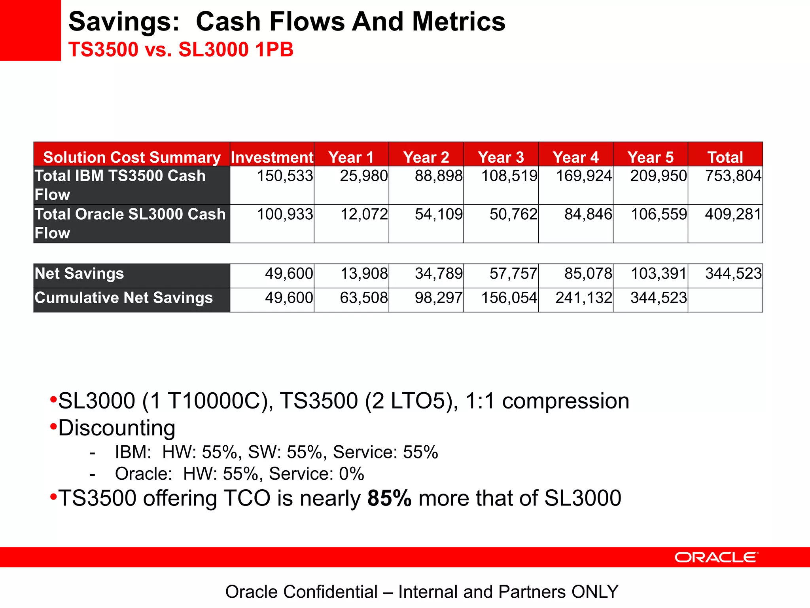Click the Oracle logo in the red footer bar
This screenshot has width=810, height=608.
click(x=716, y=557)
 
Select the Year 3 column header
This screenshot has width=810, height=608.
click(x=501, y=157)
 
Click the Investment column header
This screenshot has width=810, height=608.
click(x=272, y=157)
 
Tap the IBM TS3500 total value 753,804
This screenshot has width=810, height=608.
click(x=733, y=176)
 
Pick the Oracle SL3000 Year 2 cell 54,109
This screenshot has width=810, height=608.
click(x=438, y=214)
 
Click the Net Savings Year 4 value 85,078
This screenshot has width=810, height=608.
click(x=588, y=274)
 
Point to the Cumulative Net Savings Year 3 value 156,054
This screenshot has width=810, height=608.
click(x=509, y=298)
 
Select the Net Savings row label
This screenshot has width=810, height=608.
click(x=79, y=274)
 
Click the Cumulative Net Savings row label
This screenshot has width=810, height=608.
click(x=123, y=298)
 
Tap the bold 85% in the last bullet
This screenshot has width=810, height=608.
click(x=389, y=498)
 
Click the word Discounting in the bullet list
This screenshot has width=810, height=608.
click(x=117, y=428)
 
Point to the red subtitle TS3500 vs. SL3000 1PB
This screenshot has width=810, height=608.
click(x=181, y=50)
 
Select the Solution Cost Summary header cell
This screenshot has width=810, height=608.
click(x=132, y=157)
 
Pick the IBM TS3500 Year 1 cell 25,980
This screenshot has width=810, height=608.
click(x=363, y=176)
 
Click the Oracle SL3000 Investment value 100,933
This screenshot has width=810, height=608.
click(x=285, y=214)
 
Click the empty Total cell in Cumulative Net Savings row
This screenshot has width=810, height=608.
click(x=725, y=300)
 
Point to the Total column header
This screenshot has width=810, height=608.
click(x=725, y=157)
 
